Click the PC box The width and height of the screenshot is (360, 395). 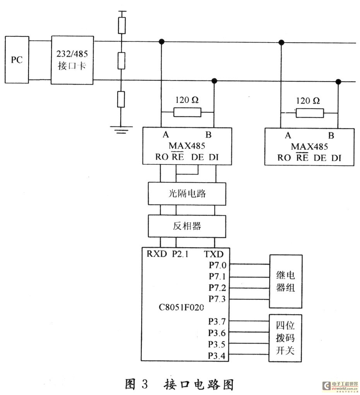click(x=17, y=60)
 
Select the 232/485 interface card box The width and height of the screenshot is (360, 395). click(x=72, y=60)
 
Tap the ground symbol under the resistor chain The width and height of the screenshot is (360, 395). click(x=121, y=130)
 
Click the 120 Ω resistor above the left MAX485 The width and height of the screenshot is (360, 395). click(x=187, y=113)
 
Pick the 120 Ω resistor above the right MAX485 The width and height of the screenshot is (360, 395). click(x=310, y=113)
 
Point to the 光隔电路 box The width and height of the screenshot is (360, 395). click(x=187, y=193)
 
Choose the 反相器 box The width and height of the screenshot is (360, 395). click(x=187, y=226)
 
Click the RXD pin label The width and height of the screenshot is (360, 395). click(x=157, y=254)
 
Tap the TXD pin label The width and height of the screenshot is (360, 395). click(x=214, y=254)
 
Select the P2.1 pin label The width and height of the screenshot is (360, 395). click(x=180, y=254)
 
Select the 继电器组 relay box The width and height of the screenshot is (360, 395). click(x=286, y=281)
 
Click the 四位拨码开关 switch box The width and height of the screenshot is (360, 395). click(x=286, y=338)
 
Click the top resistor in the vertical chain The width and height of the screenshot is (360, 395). click(x=121, y=25)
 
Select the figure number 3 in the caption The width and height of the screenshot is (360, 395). click(x=145, y=384)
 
